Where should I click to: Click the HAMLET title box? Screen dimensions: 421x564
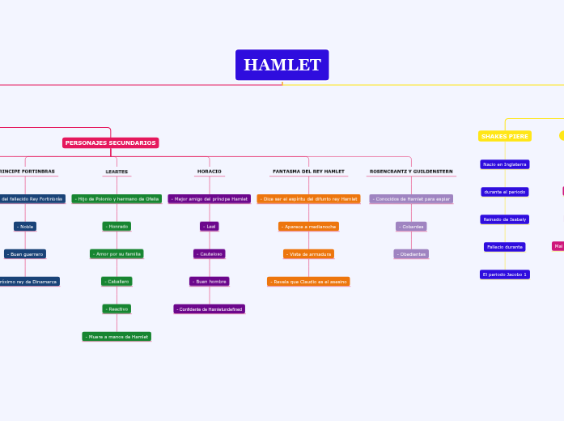pyautogui.click(x=282, y=65)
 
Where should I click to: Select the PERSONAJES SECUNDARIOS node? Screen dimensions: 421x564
pyautogui.click(x=110, y=142)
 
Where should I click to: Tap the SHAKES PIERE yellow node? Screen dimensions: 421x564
pyautogui.click(x=505, y=136)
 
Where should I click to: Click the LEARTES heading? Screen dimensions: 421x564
pyautogui.click(x=117, y=172)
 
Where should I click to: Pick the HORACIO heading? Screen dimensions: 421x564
pyautogui.click(x=209, y=172)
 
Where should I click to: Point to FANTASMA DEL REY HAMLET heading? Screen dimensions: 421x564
pyautogui.click(x=308, y=172)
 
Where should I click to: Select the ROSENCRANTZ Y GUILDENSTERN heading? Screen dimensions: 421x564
pyautogui.click(x=410, y=172)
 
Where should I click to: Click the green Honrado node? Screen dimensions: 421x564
pyautogui.click(x=117, y=226)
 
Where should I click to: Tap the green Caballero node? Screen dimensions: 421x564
pyautogui.click(x=117, y=281)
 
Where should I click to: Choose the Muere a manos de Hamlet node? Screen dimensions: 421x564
pyautogui.click(x=117, y=336)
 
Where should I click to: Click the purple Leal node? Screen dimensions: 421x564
pyautogui.click(x=210, y=226)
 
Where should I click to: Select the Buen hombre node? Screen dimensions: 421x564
pyautogui.click(x=210, y=281)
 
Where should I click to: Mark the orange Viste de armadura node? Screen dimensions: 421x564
pyautogui.click(x=308, y=253)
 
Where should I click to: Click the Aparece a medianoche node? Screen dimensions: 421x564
pyautogui.click(x=308, y=226)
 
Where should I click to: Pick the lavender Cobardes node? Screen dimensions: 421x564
pyautogui.click(x=411, y=226)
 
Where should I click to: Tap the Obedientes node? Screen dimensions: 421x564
pyautogui.click(x=411, y=253)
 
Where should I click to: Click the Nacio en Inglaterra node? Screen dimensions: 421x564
pyautogui.click(x=505, y=164)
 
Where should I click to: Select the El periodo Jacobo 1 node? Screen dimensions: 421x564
pyautogui.click(x=505, y=274)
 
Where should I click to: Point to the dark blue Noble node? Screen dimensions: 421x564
pyautogui.click(x=25, y=226)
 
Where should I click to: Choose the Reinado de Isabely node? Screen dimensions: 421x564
pyautogui.click(x=505, y=219)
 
